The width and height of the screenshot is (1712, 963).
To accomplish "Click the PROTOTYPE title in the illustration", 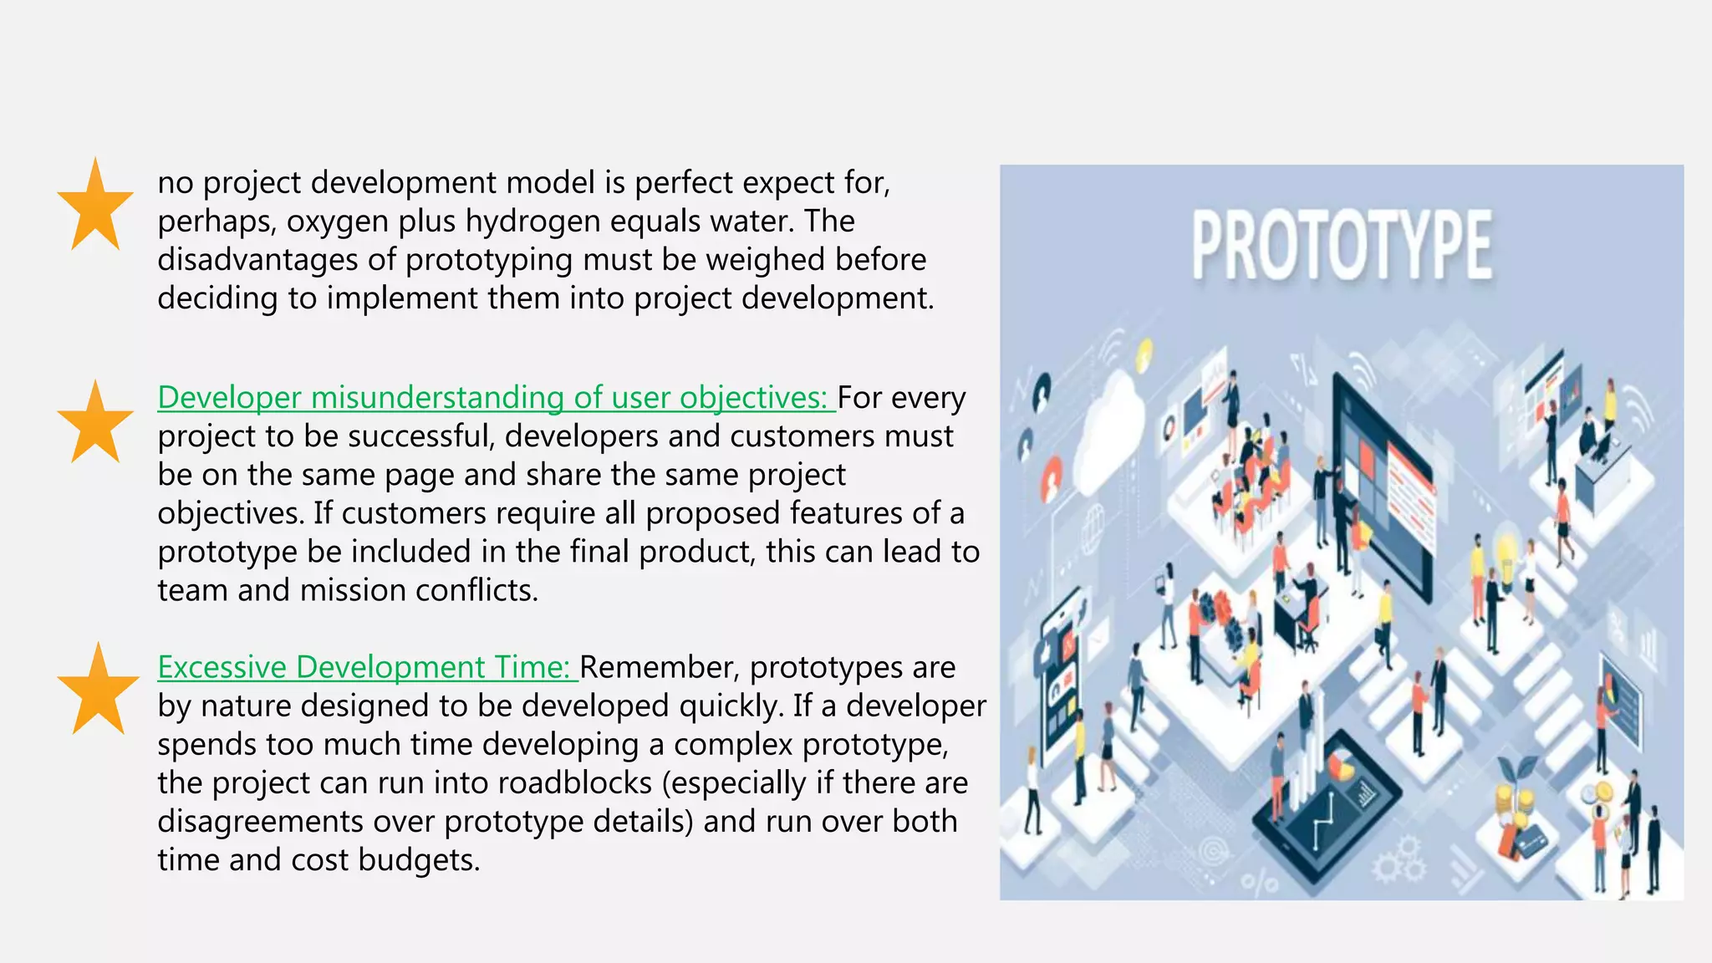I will coord(1341,245).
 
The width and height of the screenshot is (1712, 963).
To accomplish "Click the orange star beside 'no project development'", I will coord(95,207).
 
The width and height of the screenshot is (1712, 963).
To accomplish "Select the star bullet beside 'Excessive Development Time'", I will coord(98,691).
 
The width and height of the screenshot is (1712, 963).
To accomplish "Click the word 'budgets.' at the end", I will coord(419,859).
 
